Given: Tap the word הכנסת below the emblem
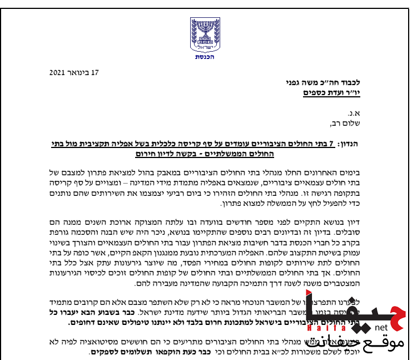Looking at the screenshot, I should click(x=205, y=57).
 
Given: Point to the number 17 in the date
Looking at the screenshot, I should click(x=95, y=72).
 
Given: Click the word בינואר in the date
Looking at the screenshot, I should click(x=79, y=72).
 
